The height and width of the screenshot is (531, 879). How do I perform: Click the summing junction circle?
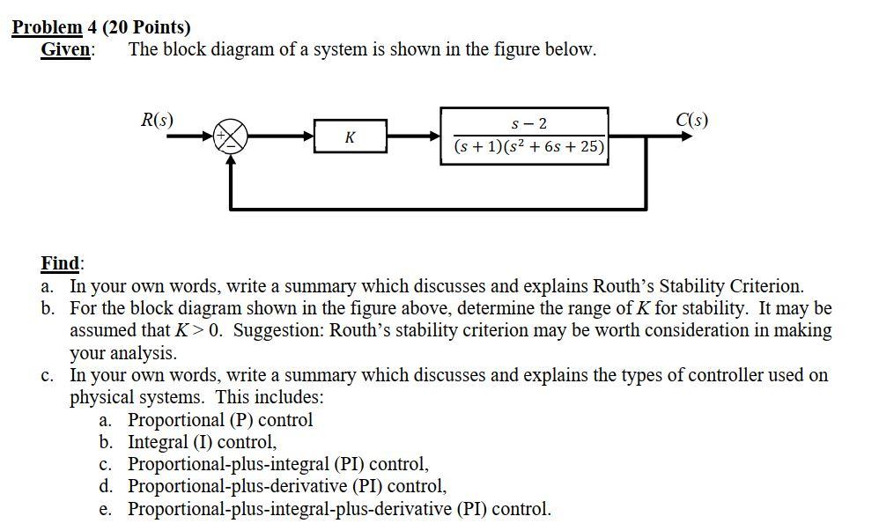click(x=232, y=136)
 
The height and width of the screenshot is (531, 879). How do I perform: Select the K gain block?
click(x=351, y=137)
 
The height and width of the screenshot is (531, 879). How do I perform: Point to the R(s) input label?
click(x=158, y=119)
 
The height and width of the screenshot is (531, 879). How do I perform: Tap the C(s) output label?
click(x=691, y=120)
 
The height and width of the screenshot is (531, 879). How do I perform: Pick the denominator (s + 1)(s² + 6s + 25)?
click(x=528, y=147)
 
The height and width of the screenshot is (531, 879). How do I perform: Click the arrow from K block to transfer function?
click(x=414, y=136)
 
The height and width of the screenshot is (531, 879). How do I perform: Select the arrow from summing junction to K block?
click(x=282, y=136)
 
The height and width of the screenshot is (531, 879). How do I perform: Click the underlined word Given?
click(x=66, y=49)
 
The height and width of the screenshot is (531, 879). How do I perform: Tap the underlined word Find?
click(x=62, y=262)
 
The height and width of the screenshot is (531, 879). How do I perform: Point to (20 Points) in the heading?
click(x=146, y=27)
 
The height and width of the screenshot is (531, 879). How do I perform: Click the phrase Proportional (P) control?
click(x=220, y=420)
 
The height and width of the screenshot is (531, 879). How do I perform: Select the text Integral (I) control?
click(x=202, y=442)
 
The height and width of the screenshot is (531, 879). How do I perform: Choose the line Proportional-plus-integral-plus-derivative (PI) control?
click(x=339, y=508)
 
